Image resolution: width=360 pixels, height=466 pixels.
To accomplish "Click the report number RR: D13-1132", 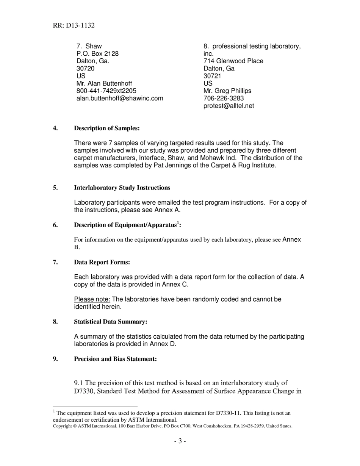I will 74,26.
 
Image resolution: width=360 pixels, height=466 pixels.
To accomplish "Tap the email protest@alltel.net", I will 229,106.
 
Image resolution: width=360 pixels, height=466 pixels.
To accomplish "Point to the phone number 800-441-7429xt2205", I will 106,91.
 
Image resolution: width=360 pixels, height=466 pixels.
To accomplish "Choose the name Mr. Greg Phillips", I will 227,91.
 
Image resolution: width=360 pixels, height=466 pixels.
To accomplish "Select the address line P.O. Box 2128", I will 97,54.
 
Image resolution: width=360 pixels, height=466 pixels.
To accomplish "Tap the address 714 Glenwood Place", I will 233,61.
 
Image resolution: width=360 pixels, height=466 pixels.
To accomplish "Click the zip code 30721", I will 212,76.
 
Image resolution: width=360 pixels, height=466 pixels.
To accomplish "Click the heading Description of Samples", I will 107,128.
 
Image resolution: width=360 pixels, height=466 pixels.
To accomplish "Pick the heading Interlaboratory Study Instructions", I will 122,188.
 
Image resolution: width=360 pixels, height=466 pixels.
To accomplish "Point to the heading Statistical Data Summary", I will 110,322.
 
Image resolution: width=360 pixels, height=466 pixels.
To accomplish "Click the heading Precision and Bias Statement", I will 115,359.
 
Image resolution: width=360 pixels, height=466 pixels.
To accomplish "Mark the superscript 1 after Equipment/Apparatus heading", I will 178,223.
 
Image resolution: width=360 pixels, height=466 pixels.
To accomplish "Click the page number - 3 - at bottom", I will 180,441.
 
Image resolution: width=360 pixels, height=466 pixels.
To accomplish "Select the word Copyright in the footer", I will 62,426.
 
